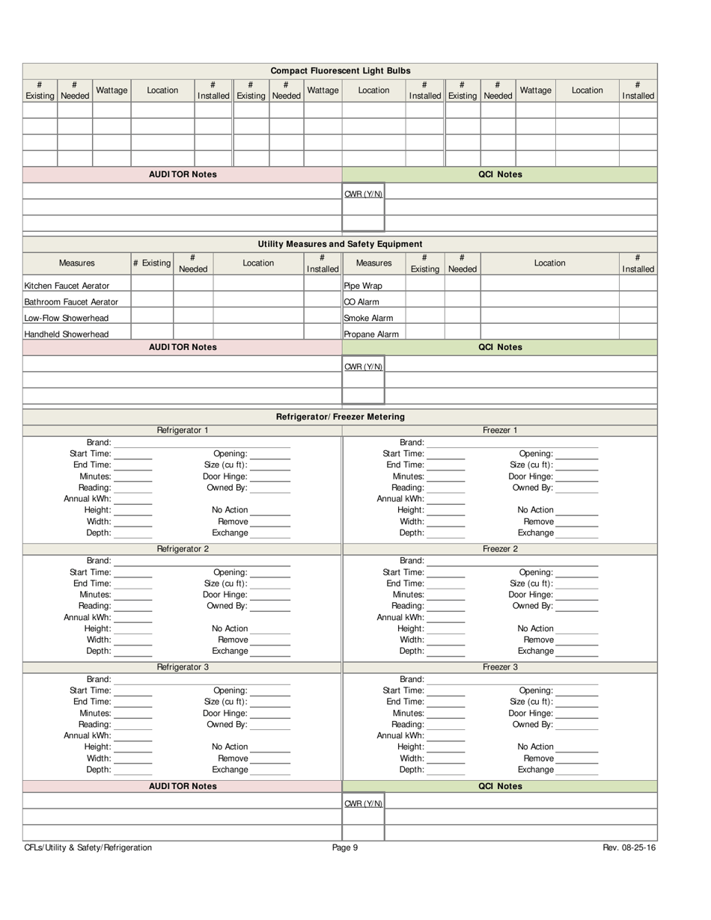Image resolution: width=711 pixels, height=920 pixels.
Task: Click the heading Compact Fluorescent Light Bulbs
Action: point(340,70)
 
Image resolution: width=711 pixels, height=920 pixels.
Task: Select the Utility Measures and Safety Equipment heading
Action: point(340,244)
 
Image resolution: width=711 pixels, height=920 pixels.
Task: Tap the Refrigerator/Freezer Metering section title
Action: point(340,417)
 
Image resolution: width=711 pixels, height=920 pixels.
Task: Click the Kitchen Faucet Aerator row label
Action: point(67,286)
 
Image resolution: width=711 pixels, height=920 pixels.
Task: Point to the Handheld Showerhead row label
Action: point(67,334)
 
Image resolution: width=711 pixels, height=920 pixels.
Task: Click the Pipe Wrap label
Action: point(363,286)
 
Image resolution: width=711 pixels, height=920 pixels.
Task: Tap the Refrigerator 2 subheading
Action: point(183,549)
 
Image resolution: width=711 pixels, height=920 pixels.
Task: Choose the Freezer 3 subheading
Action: point(500,667)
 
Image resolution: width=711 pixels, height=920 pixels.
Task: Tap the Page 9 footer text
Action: point(345,847)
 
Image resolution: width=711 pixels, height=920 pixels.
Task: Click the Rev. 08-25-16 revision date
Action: point(629,847)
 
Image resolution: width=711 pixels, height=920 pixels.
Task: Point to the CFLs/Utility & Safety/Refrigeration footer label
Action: point(88,847)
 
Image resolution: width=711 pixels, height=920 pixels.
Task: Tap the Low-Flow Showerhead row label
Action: point(67,318)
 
